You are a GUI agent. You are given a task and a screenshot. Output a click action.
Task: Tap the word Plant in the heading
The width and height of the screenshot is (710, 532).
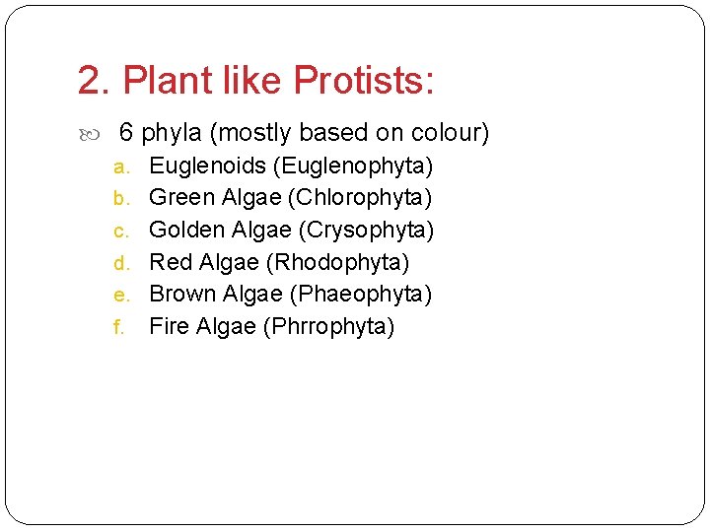[x=166, y=81]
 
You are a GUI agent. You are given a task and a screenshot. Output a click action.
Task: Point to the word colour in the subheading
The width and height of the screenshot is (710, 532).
[x=441, y=133]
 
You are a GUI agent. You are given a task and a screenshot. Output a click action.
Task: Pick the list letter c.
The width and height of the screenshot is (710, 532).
[x=120, y=232]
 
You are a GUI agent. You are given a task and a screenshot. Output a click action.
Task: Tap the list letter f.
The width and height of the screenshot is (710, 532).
[x=118, y=327]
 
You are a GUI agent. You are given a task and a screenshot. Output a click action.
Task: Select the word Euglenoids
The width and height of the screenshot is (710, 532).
[x=207, y=166]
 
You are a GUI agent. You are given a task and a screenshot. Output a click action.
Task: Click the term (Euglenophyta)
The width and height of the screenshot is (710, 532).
[x=352, y=166]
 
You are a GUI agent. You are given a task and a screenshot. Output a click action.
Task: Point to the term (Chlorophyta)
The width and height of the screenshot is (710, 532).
[x=359, y=198]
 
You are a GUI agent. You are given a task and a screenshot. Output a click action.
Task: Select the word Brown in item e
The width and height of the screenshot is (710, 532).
[x=181, y=294]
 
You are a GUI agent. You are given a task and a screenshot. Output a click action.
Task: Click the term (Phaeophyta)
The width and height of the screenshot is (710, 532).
[x=361, y=294]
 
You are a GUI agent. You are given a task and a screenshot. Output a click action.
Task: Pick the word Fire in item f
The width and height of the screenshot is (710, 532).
[x=169, y=326]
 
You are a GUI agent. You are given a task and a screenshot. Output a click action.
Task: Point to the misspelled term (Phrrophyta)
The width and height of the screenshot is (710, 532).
[x=328, y=326]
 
